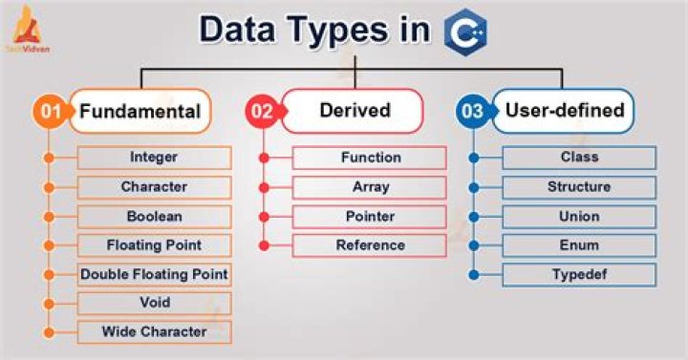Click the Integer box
(153, 158)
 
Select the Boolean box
(153, 216)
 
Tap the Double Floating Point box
(153, 274)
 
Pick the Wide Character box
(153, 332)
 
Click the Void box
(153, 303)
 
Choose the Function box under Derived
(370, 158)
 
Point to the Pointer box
(370, 216)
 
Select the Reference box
(370, 245)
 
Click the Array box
(370, 187)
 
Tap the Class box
(579, 158)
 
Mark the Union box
(579, 216)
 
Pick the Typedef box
(579, 275)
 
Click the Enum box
(579, 245)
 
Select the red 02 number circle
(261, 112)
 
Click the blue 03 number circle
(472, 112)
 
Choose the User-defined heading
(567, 111)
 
